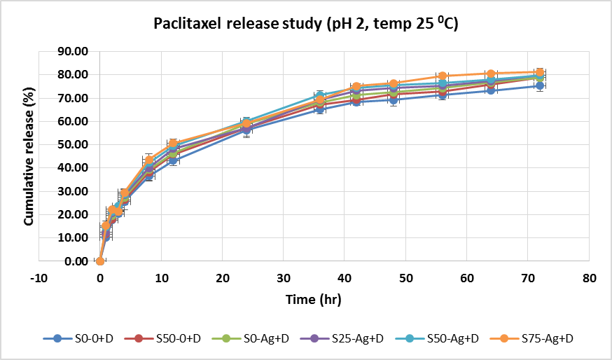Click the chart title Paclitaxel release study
click(306, 25)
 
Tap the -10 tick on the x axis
click(39, 278)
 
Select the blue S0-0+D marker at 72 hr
click(540, 86)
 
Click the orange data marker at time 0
click(100, 261)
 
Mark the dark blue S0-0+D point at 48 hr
click(394, 99)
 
